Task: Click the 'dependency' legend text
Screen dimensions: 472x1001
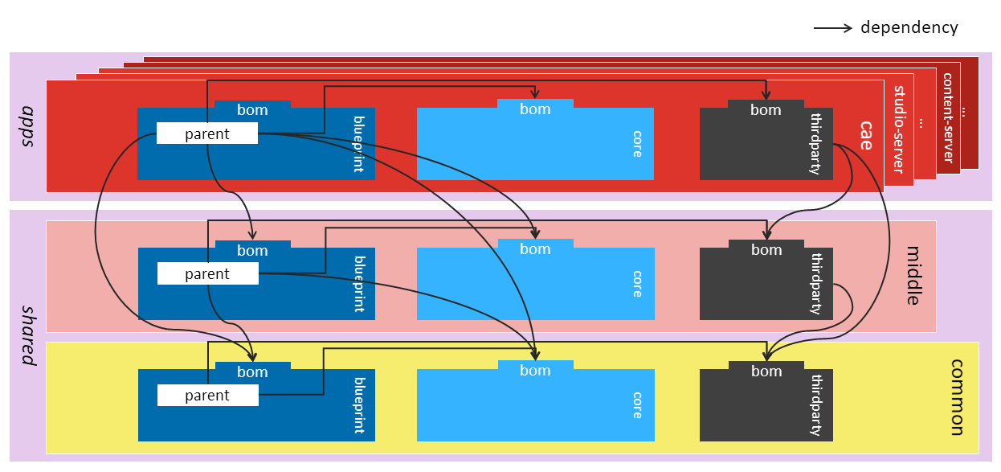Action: [909, 27]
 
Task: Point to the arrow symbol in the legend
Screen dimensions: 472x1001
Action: [833, 28]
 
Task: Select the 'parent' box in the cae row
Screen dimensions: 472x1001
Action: [207, 134]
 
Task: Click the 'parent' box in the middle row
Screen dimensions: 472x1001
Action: [207, 274]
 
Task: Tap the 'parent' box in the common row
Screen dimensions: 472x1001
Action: [207, 396]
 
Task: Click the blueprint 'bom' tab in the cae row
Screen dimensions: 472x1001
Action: [252, 110]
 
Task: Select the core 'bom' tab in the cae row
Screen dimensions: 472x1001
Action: [535, 109]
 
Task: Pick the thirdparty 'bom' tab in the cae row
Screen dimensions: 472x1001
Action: [766, 110]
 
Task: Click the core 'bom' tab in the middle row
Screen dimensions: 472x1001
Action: [535, 249]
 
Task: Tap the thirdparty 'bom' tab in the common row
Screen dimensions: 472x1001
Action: [766, 371]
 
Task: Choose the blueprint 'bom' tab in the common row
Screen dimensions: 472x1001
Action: [252, 371]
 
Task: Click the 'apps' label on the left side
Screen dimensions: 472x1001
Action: [29, 126]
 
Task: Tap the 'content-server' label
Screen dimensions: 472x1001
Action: [948, 117]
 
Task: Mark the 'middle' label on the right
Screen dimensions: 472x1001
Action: [913, 276]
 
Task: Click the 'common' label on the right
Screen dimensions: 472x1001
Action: [956, 397]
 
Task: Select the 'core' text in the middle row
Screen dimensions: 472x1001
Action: [637, 283]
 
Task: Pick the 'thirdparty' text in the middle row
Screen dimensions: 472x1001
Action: [816, 284]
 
